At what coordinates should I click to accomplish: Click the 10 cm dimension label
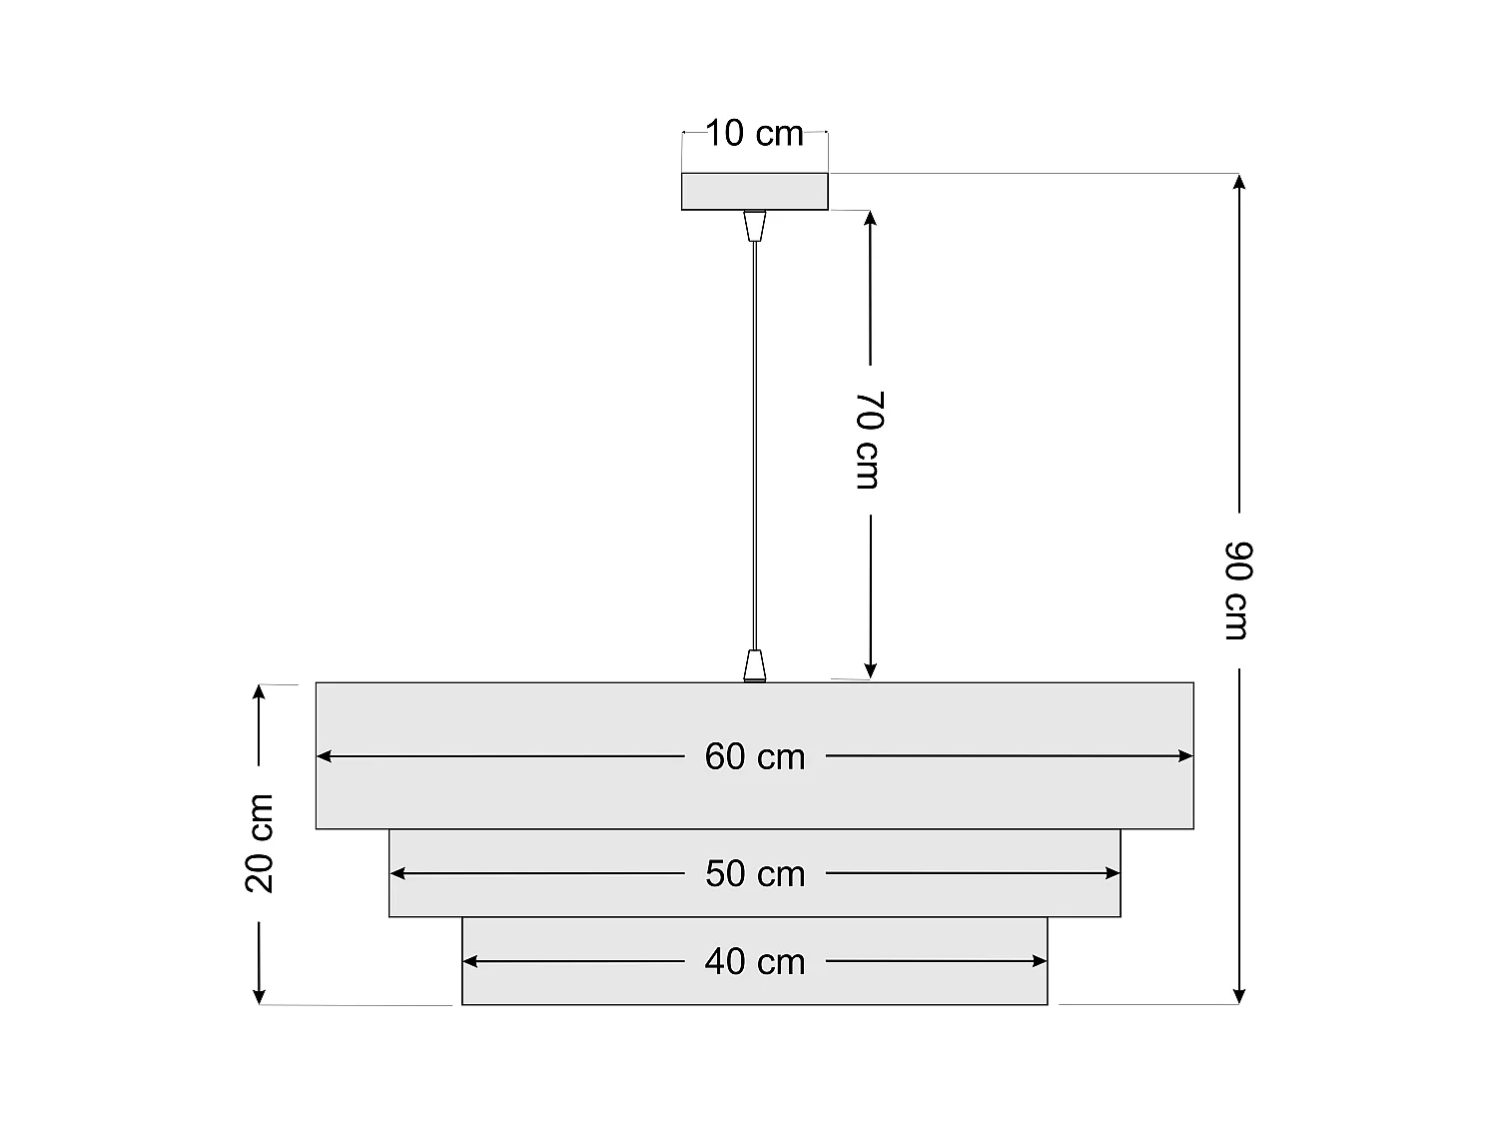coord(755,133)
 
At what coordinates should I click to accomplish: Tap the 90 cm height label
coord(1237,589)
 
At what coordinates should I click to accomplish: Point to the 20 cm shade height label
coord(260,842)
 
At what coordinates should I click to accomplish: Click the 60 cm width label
coord(755,756)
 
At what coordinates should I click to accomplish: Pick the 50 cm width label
coord(755,873)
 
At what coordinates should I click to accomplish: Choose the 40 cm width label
coord(755,961)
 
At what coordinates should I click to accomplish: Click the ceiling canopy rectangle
coord(755,191)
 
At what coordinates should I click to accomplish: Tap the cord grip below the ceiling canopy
coord(755,226)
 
